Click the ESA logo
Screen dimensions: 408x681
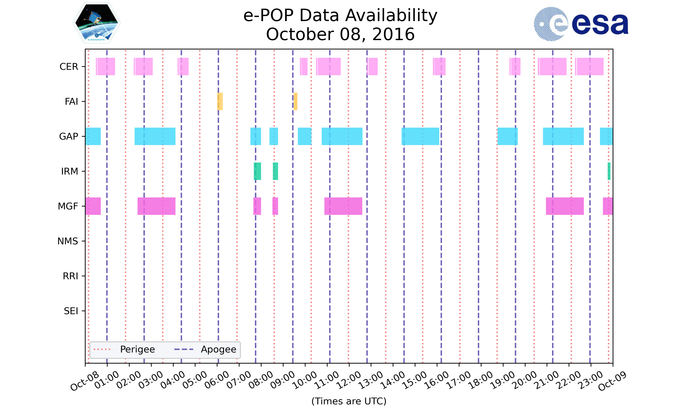tap(581, 24)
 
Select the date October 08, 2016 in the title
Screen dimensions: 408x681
tap(340, 34)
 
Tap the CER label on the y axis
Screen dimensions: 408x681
tap(69, 67)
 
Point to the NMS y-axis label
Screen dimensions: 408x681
tap(68, 241)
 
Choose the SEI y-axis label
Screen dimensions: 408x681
tap(71, 311)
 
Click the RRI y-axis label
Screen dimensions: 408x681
tap(70, 276)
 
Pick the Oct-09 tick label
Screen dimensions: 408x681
tap(612, 381)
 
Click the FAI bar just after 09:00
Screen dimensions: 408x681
tap(295, 102)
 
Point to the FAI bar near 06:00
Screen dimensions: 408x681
tap(220, 102)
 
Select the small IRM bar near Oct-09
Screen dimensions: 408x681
tap(609, 171)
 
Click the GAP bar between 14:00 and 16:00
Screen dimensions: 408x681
tap(420, 136)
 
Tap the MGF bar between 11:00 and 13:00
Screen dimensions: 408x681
tap(343, 206)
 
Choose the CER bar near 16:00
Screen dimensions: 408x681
tap(439, 67)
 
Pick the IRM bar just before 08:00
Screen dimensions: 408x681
tap(257, 171)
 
